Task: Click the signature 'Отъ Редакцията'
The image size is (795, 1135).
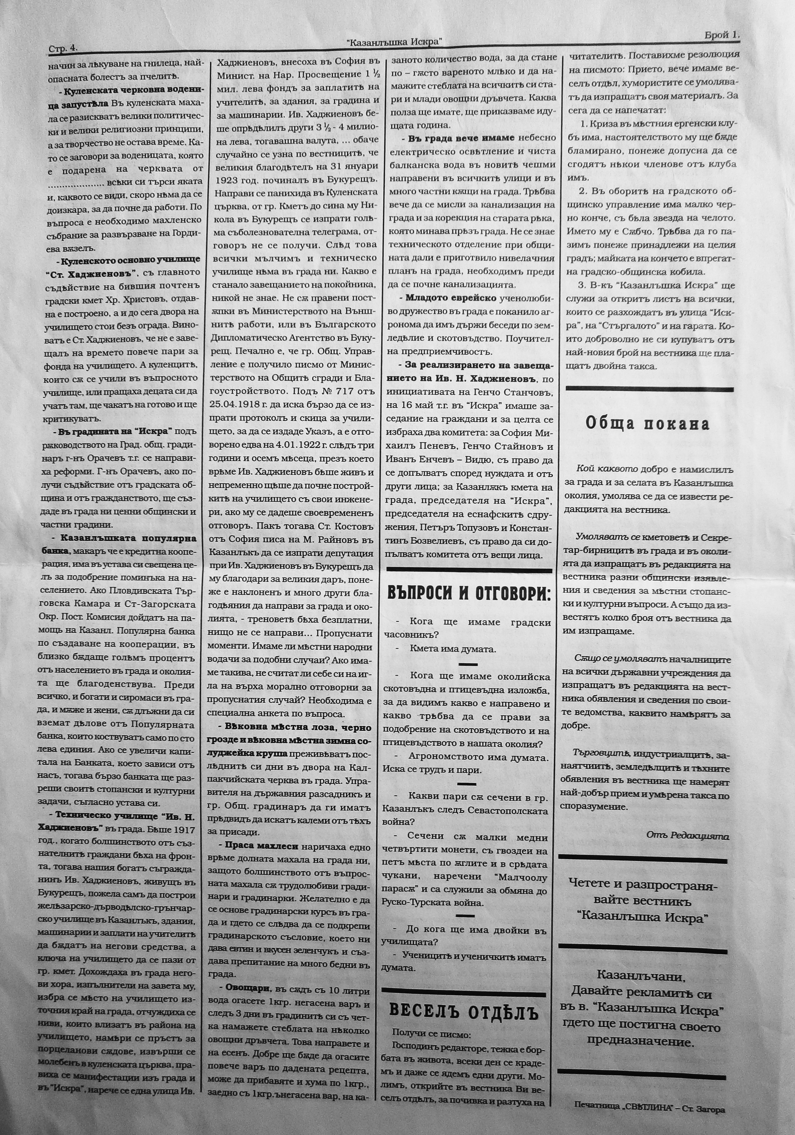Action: tap(687, 835)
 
